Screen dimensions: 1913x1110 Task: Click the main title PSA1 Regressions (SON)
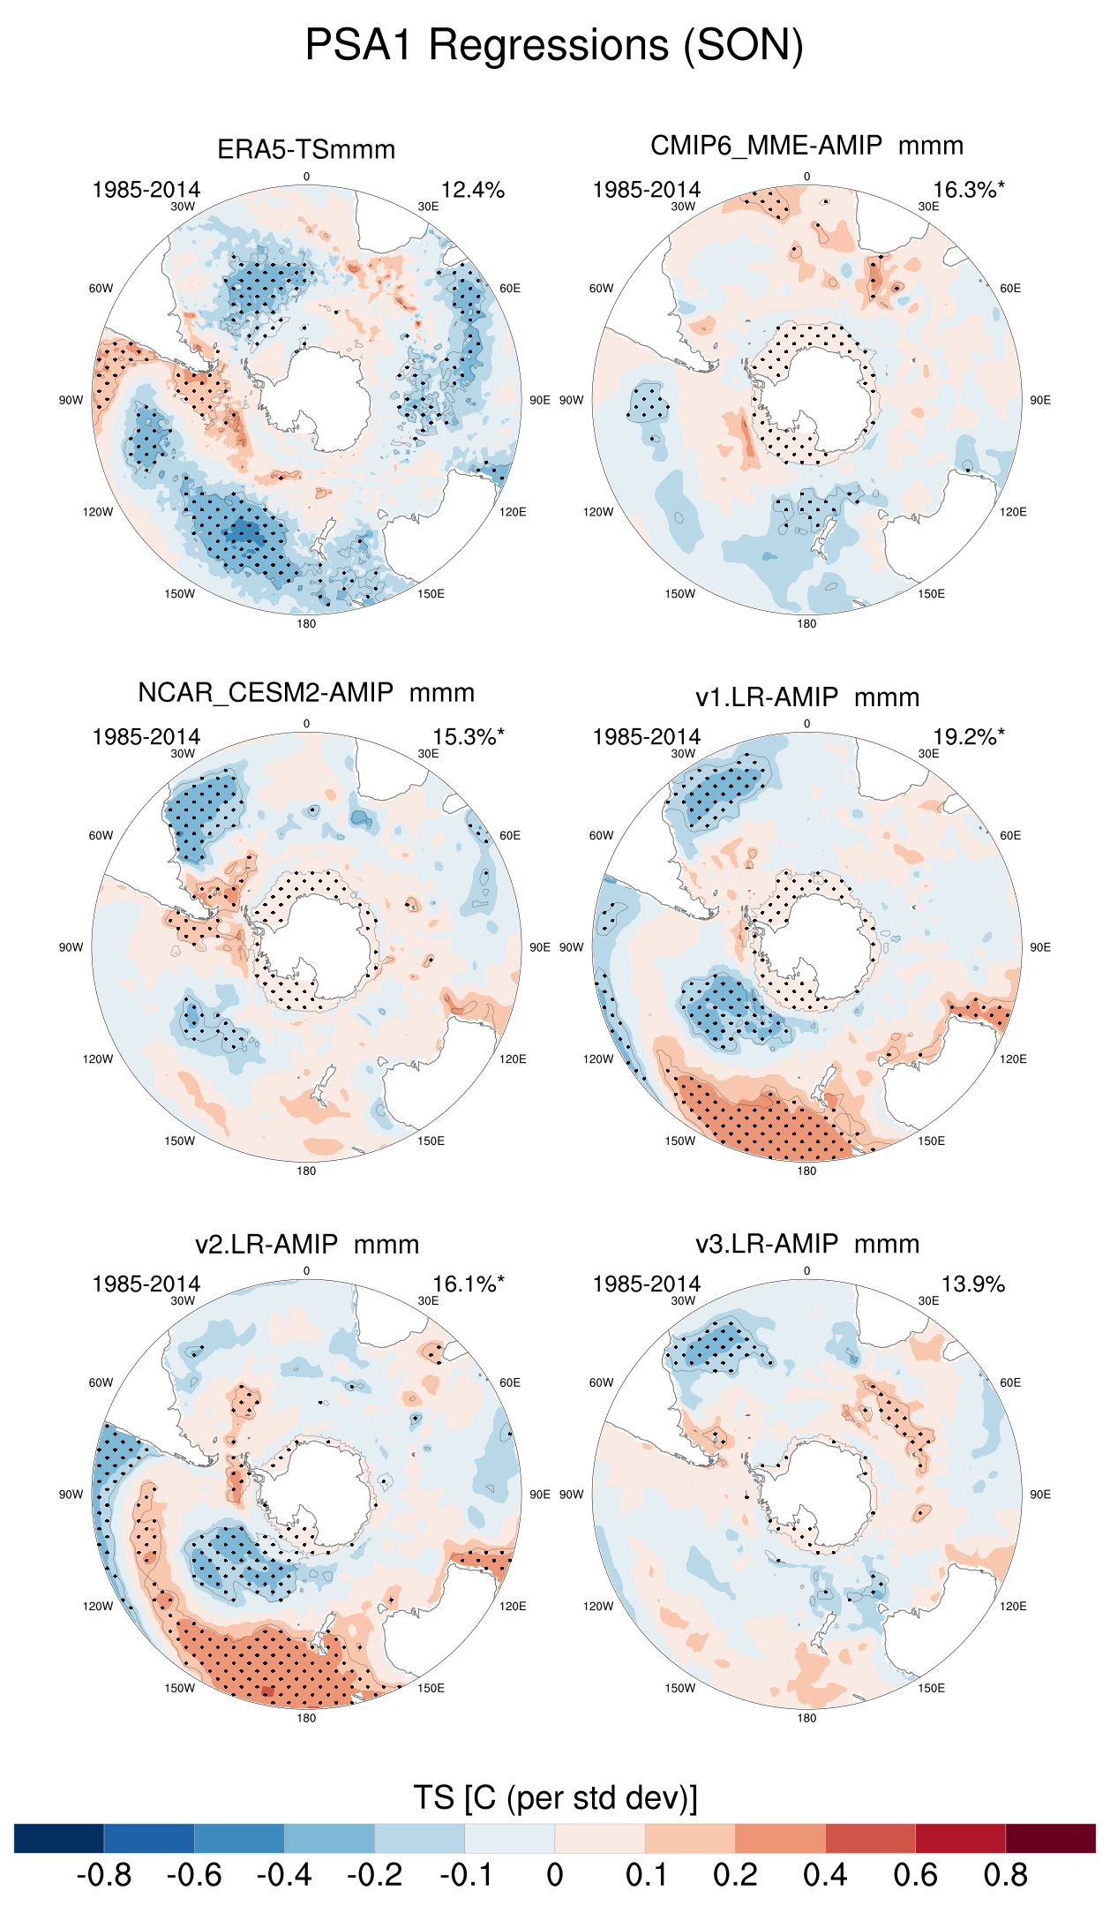(x=554, y=45)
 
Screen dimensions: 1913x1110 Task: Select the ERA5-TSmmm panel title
(x=306, y=149)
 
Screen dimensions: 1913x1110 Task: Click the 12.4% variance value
(x=473, y=190)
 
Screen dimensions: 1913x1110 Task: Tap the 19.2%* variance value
(x=968, y=737)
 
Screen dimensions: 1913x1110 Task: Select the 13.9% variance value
(x=972, y=1284)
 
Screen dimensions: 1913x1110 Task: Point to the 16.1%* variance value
(x=468, y=1284)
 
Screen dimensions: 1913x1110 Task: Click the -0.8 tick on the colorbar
(x=104, y=1875)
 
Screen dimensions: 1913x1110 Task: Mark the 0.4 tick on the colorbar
(x=825, y=1875)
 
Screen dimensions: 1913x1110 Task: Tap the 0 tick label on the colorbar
(x=555, y=1875)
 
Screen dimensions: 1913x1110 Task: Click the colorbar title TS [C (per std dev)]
(x=555, y=1797)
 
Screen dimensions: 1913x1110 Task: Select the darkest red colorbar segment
(x=1050, y=1838)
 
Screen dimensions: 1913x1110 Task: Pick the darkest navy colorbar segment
(x=59, y=1838)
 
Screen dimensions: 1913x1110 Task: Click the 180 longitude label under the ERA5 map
(x=306, y=624)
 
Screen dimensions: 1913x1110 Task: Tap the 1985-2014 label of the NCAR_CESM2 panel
(x=146, y=737)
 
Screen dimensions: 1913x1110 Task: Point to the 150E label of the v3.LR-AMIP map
(x=931, y=1688)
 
